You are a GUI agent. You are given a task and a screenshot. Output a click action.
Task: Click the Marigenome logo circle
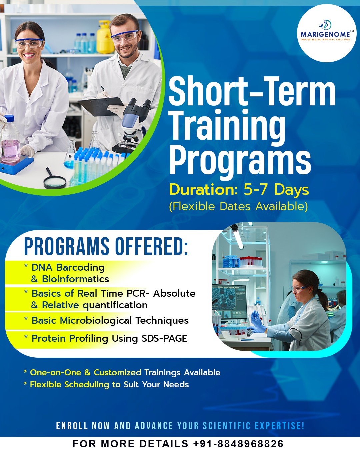327,33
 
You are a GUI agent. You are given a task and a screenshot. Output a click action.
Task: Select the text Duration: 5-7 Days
239,190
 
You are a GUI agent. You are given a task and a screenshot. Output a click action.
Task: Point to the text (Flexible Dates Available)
238,207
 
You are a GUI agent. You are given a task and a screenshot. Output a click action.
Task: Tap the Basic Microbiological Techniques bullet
106,321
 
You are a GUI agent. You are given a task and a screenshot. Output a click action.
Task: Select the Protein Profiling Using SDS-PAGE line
106,339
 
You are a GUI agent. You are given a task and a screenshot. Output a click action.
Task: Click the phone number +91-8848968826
238,443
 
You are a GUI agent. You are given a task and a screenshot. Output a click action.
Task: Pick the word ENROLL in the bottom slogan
72,426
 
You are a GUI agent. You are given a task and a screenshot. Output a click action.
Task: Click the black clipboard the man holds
101,106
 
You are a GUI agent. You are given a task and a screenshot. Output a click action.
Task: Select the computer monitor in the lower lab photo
229,301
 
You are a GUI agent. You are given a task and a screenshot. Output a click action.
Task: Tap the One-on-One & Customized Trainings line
122,372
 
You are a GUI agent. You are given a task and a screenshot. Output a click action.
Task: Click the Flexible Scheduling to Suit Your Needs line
106,385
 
